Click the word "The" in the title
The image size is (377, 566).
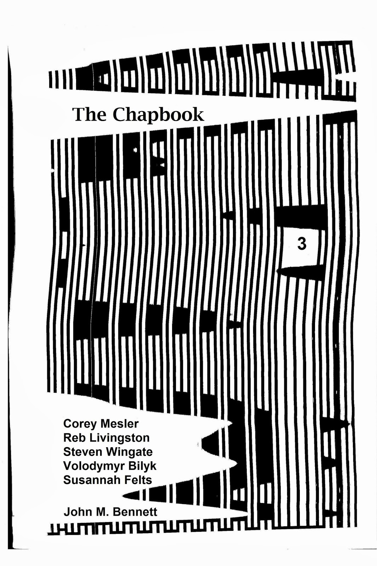tap(89, 115)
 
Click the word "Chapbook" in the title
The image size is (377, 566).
tap(158, 116)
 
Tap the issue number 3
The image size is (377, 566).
tap(302, 244)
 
